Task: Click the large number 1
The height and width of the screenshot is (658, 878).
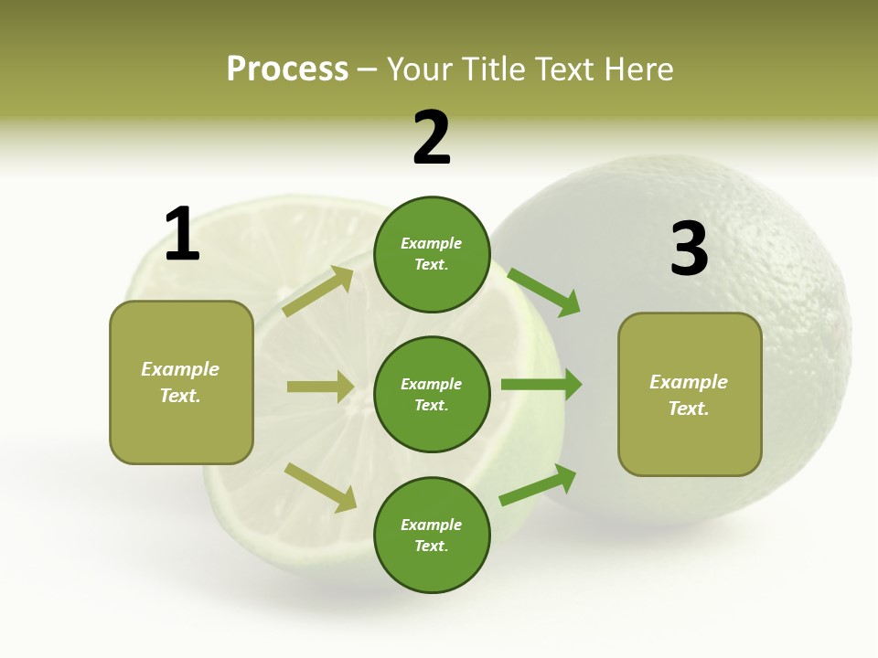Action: tap(182, 234)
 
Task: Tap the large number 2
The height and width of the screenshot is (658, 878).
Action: tap(432, 139)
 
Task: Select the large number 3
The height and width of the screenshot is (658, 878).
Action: tap(689, 249)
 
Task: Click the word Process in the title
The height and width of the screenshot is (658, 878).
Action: tap(287, 69)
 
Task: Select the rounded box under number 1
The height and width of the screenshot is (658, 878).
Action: tap(181, 382)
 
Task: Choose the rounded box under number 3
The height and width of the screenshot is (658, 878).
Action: tap(690, 395)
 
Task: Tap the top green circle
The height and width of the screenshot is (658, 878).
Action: tap(432, 254)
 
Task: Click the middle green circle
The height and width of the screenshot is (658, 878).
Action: tap(432, 394)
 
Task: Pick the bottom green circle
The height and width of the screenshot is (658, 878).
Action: tap(432, 535)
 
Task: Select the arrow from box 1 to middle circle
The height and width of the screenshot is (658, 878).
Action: tap(320, 387)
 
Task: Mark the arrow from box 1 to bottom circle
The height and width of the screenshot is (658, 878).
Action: tap(321, 487)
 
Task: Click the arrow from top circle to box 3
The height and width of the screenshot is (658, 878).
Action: tap(545, 292)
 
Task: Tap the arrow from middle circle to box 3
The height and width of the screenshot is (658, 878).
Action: tap(541, 385)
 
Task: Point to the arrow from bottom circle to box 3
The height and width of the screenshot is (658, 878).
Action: tap(539, 484)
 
